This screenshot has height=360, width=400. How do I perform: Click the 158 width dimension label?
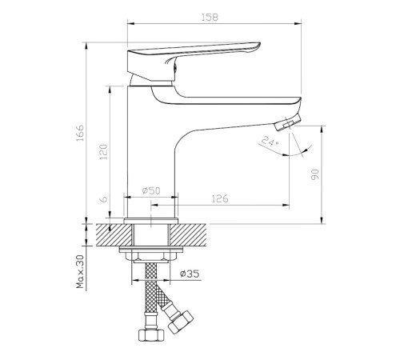210,18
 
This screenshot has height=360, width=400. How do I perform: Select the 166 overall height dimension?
80,133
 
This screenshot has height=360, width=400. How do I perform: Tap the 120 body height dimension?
103,152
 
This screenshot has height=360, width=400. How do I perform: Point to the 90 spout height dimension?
315,174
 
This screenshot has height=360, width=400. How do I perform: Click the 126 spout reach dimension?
220,198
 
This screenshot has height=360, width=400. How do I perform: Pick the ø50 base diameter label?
151,190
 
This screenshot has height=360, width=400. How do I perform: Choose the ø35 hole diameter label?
190,274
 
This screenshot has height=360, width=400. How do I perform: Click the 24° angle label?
270,142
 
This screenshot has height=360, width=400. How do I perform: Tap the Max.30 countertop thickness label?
80,272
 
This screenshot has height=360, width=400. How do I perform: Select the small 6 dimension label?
103,199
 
